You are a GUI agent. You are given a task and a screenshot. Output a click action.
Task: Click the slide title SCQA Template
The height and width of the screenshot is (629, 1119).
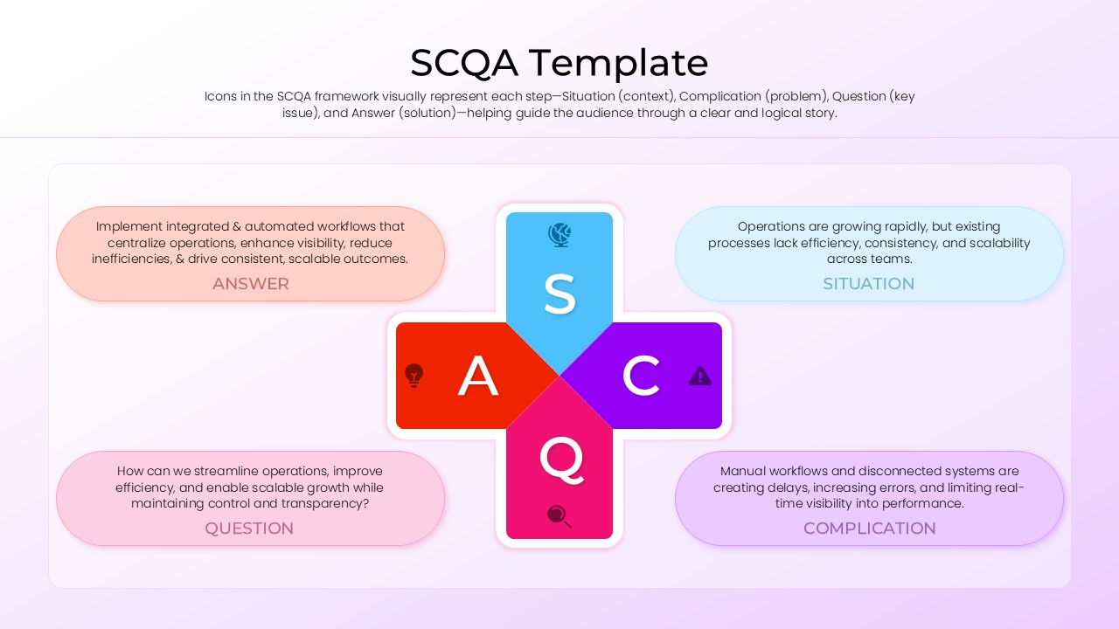click(559, 63)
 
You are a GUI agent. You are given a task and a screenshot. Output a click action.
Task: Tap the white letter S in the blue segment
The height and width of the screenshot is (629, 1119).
click(559, 294)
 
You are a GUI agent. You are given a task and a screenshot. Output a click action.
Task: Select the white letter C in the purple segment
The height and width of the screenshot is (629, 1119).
click(641, 376)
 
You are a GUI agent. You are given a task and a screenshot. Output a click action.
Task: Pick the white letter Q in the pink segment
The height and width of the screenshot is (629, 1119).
click(560, 459)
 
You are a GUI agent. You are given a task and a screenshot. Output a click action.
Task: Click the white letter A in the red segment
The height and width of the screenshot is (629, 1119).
click(478, 377)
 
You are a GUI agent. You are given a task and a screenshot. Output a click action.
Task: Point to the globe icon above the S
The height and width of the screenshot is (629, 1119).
click(559, 234)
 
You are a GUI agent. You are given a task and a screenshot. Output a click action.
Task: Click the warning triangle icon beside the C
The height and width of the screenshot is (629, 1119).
click(700, 376)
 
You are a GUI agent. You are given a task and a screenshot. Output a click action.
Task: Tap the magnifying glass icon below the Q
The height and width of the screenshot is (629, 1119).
click(559, 516)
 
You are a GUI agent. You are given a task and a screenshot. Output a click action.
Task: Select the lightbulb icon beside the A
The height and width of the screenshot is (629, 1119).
click(414, 376)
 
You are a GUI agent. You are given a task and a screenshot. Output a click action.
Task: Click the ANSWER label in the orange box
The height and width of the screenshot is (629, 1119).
click(250, 284)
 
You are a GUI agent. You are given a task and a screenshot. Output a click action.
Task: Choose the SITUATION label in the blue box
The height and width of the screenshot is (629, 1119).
click(868, 284)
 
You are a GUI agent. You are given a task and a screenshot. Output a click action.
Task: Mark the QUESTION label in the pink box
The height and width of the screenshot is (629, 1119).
click(249, 529)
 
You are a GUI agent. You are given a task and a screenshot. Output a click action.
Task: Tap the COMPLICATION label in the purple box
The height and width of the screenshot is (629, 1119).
click(869, 529)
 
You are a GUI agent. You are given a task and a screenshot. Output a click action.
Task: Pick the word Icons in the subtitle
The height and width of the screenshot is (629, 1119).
click(221, 96)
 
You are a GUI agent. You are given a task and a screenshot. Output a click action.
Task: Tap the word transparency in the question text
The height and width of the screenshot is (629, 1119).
click(319, 503)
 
